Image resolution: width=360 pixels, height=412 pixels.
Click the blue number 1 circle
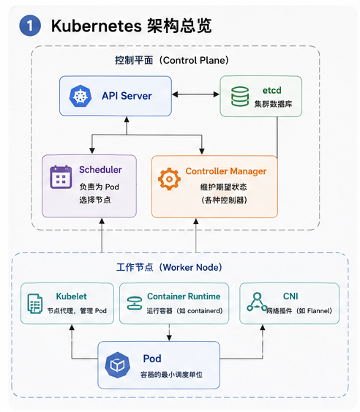[30, 26]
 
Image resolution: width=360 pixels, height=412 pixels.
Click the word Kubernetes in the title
[97, 26]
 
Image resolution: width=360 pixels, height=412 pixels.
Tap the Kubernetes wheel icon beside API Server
[80, 96]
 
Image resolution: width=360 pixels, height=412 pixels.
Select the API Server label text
[127, 96]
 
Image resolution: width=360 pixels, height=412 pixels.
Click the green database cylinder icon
[240, 97]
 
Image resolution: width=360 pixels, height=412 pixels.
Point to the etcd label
[271, 91]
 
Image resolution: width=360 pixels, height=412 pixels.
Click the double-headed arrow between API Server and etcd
[196, 94]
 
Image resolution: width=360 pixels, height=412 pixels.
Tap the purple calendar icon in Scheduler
[61, 177]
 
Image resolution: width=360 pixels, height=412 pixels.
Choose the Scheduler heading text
[100, 170]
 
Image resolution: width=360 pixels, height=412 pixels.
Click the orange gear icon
[169, 179]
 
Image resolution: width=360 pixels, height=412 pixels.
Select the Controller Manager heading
[226, 171]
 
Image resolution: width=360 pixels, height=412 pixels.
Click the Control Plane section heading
[172, 61]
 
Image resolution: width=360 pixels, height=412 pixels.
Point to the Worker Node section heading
[170, 268]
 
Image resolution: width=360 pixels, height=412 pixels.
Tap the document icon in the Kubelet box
[35, 304]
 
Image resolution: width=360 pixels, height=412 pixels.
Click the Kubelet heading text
[71, 296]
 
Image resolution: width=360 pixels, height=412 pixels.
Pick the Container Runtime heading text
[184, 296]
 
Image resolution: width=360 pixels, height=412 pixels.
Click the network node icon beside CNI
[257, 302]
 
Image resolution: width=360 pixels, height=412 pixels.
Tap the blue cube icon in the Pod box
[118, 365]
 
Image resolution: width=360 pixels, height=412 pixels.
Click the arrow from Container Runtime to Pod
[169, 332]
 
